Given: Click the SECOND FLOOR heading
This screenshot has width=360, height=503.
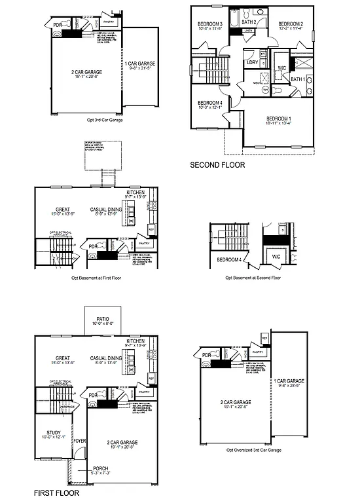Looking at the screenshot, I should [217, 166].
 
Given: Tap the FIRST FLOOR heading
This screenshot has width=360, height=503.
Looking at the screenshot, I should [56, 492].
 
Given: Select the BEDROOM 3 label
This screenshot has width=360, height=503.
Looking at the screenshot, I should [210, 24].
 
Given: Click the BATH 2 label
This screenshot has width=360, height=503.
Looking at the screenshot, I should [248, 22].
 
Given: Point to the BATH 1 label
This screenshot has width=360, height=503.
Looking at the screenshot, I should [298, 79].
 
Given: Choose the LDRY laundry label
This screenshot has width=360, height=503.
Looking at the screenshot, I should [252, 63].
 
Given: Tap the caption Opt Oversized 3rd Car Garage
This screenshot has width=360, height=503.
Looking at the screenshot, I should [253, 451].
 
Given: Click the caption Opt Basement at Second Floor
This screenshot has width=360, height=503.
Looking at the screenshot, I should [253, 278].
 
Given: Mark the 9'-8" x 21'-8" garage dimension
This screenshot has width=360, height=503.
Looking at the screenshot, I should [141, 67].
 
